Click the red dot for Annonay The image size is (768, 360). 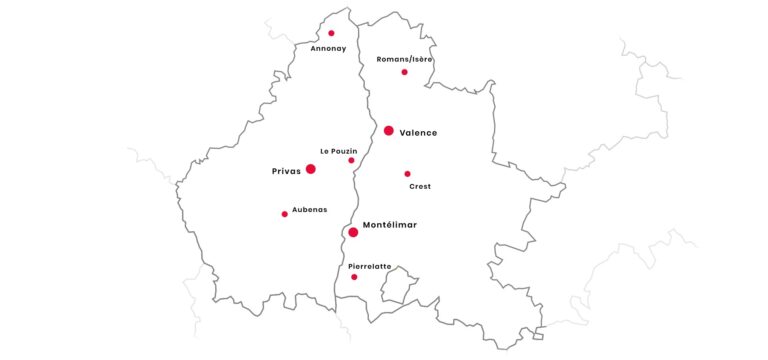331,33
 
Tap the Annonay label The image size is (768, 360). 328,48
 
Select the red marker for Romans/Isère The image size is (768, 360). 404,72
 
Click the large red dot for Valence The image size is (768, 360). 388,131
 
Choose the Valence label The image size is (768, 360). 418,132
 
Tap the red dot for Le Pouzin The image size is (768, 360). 351,160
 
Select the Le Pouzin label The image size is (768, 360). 338,150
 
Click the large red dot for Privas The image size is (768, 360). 310,169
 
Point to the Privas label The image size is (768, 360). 286,171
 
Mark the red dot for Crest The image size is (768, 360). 407,174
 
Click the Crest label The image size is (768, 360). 420,187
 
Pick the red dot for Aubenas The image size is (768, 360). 284,214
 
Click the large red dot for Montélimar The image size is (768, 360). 353,232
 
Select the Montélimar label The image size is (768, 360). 390,225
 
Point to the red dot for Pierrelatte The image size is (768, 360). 354,277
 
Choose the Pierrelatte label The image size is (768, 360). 369,266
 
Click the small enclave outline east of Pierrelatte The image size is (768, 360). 397,284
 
